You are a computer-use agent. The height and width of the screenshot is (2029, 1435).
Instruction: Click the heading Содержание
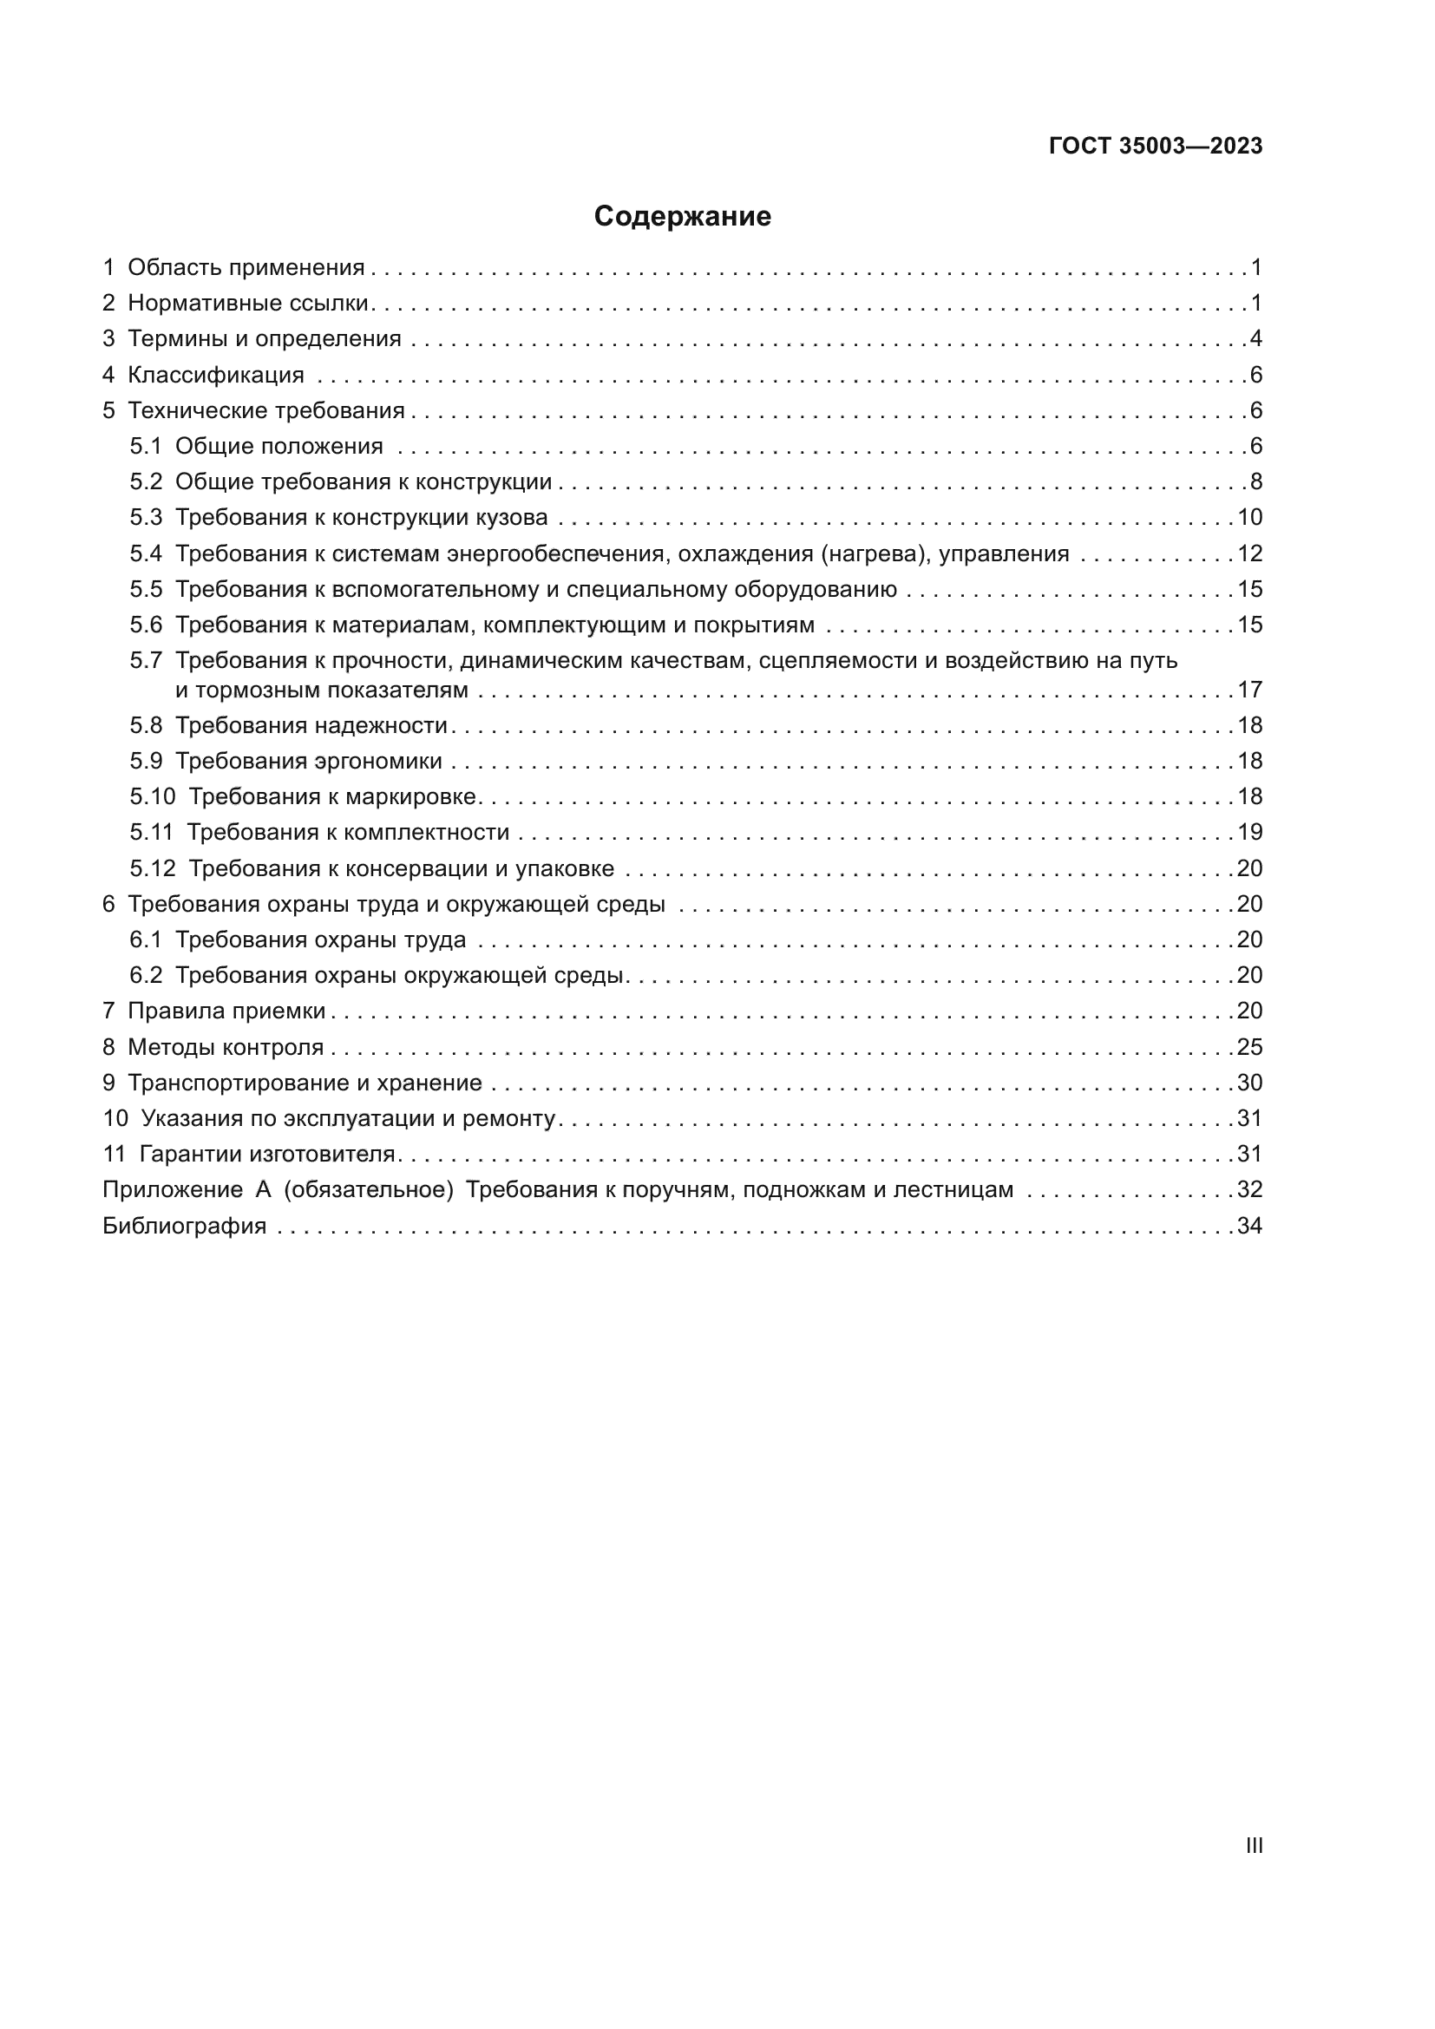coord(682,217)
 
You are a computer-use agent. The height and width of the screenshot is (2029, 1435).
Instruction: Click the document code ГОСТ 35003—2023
coord(1155,146)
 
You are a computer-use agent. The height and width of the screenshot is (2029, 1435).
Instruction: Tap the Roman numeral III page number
coord(1254,1845)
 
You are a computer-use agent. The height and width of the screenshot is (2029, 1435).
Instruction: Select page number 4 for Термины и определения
coord(1255,338)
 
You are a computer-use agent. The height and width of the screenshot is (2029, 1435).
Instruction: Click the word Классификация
coord(216,375)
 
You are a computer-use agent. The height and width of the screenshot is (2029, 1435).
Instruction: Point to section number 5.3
coord(146,517)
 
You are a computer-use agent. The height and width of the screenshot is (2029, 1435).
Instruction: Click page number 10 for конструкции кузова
coord(1249,517)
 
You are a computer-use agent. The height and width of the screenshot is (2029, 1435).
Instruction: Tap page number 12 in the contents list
coord(1249,553)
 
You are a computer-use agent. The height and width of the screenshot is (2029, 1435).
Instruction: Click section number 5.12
coord(153,868)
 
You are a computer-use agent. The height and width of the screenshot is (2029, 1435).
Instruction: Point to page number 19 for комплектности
coord(1249,833)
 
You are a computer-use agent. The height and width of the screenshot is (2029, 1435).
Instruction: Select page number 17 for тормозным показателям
coord(1249,690)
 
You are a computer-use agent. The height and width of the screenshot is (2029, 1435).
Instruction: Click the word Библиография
coord(184,1226)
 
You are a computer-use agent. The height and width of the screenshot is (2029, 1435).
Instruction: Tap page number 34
coord(1249,1226)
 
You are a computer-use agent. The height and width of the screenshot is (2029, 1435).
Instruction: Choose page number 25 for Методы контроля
coord(1249,1047)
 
